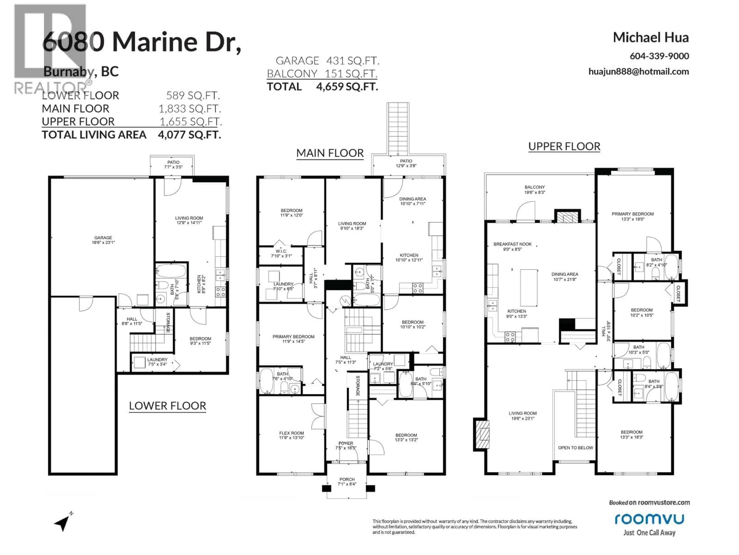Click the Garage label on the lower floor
[x=103, y=240]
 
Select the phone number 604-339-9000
[x=659, y=56]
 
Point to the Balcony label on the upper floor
[x=535, y=189]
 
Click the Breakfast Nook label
[x=512, y=246]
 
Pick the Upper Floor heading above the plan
[x=564, y=146]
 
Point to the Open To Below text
[x=575, y=448]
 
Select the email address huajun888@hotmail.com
[x=638, y=72]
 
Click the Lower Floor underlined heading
[x=167, y=406]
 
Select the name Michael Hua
[x=650, y=37]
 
